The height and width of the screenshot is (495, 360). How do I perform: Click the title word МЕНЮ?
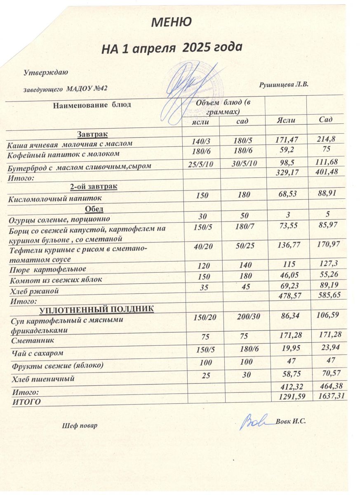171,22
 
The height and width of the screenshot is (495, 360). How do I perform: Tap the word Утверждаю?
46,73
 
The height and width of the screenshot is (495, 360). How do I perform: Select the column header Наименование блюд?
92,105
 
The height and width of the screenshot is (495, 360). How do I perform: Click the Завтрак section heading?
92,134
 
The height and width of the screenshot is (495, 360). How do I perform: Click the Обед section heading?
94,209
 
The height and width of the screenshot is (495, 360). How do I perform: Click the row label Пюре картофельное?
47,269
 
